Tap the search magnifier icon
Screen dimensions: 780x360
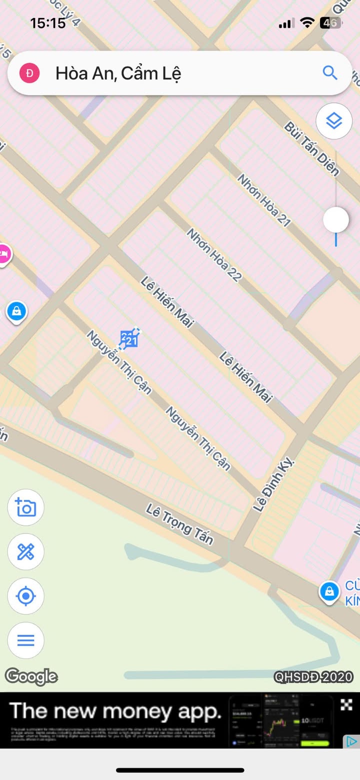tap(330, 73)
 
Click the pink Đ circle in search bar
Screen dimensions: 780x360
tap(29, 74)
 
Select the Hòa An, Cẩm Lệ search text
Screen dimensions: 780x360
tap(118, 74)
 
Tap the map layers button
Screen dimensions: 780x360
tap(333, 121)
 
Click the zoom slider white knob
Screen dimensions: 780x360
tap(335, 220)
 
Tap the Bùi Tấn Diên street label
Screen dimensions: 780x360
tap(312, 148)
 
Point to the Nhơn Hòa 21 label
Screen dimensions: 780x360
tap(263, 200)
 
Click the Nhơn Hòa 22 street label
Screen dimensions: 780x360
tap(214, 254)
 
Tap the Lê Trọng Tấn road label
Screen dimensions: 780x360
tap(179, 524)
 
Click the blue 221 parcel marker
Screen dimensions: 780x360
tap(129, 339)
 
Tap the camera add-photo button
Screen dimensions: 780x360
tap(26, 507)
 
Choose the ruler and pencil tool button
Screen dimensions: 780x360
tap(26, 552)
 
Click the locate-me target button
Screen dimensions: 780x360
tap(26, 596)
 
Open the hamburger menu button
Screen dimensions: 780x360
tap(26, 640)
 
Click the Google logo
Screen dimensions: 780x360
tap(31, 676)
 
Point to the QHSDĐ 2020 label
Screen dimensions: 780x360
tap(313, 677)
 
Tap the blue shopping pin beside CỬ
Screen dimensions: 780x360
tap(329, 592)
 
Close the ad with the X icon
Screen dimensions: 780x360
tap(346, 704)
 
